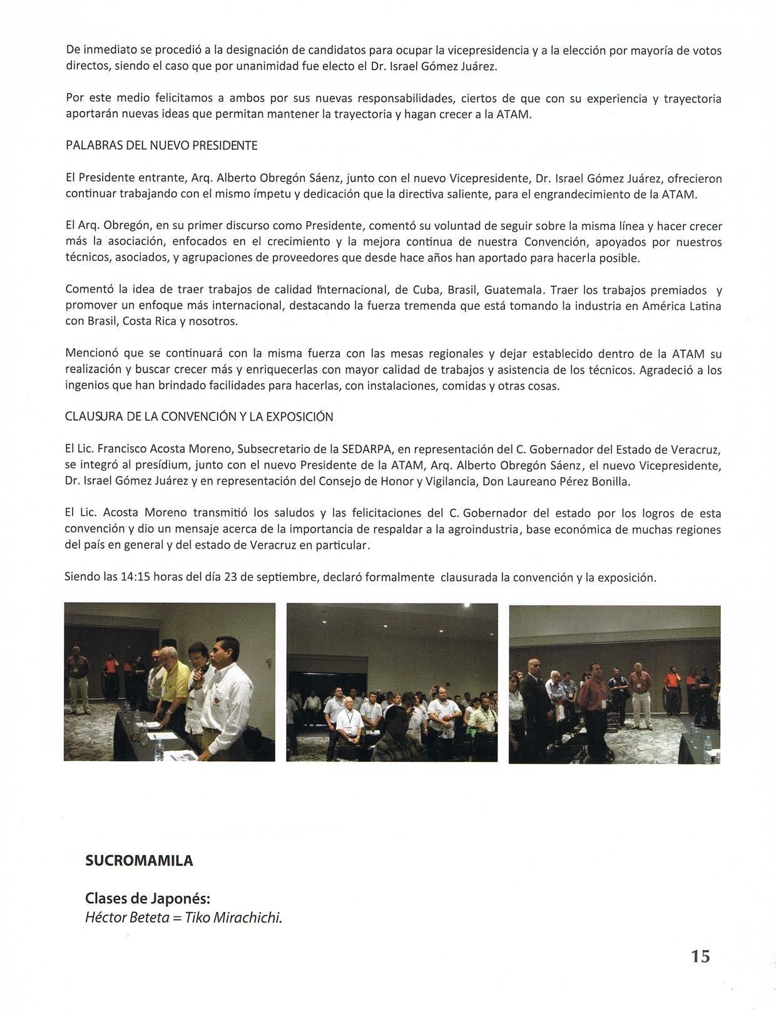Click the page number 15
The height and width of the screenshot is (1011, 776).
point(700,956)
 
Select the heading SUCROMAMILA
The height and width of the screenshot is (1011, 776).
point(139,861)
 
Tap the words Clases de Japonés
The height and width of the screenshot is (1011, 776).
point(148,898)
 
